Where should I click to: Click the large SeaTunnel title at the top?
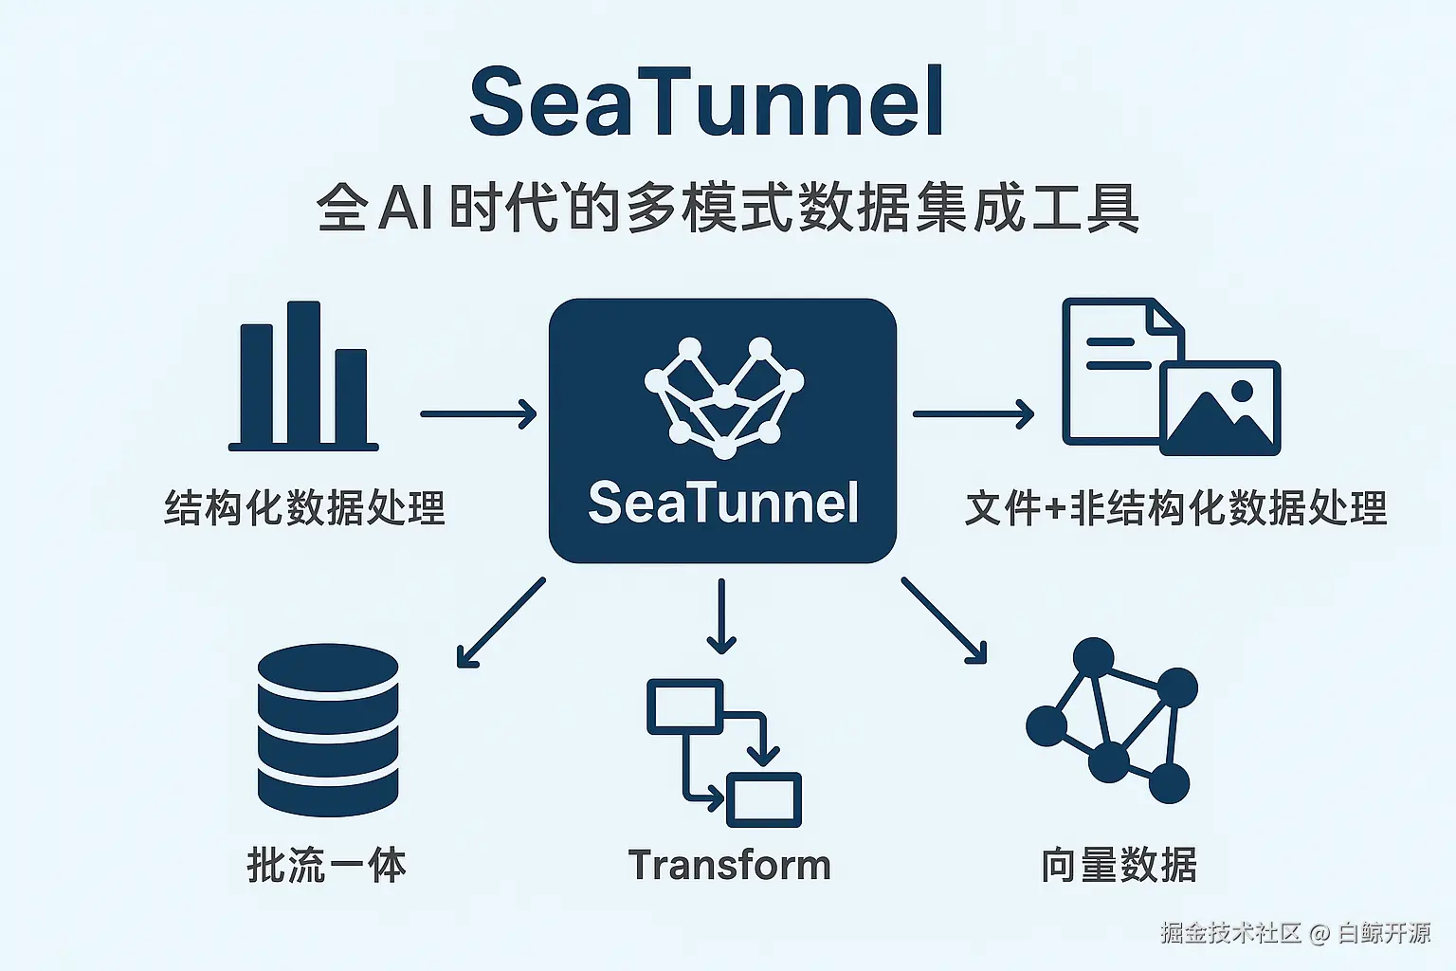click(x=707, y=102)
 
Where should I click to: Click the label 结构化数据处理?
click(x=304, y=507)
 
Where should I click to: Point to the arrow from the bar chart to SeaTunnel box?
click(x=478, y=414)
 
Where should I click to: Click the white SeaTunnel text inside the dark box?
click(x=722, y=503)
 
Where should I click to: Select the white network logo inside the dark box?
click(x=723, y=396)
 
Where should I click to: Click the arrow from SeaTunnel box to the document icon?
click(x=973, y=414)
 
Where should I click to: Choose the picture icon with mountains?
click(x=1221, y=408)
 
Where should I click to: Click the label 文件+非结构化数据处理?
click(x=1175, y=508)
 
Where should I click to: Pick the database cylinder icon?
click(x=328, y=730)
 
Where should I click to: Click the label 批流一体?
click(x=327, y=865)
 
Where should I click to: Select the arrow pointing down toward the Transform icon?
click(x=721, y=616)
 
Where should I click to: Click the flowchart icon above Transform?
click(x=724, y=753)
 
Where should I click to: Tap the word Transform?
click(x=729, y=865)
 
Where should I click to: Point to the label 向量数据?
click(x=1119, y=865)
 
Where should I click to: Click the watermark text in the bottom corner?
click(x=1295, y=933)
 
